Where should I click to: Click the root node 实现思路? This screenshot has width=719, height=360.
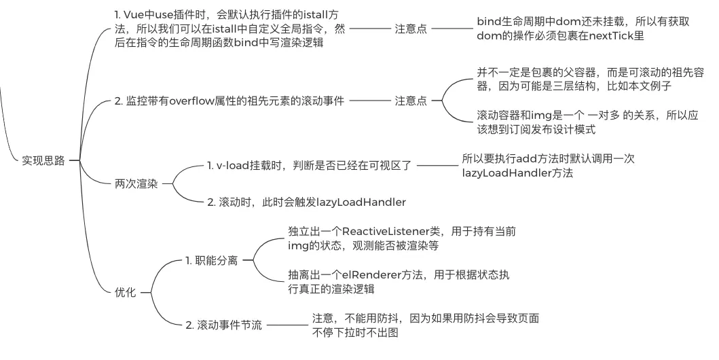(x=43, y=160)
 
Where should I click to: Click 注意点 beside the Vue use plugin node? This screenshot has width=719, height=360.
(x=411, y=29)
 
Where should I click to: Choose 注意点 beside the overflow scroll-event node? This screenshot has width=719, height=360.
(x=411, y=101)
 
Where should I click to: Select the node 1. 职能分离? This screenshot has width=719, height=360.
(x=211, y=260)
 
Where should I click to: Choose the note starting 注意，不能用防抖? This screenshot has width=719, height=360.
(x=426, y=325)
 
